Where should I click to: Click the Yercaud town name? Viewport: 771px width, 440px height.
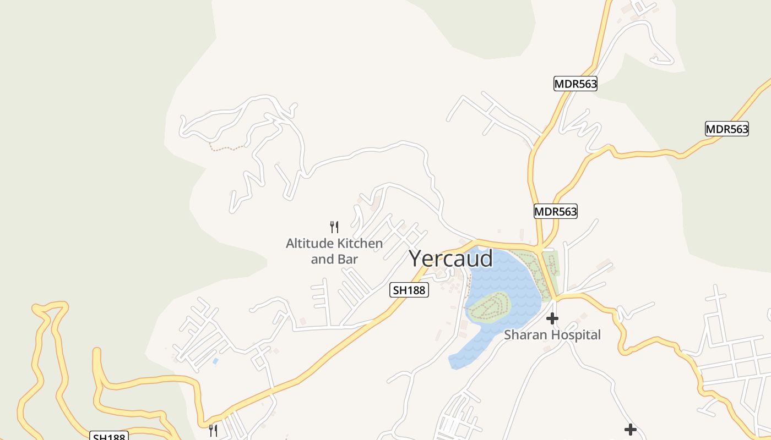[x=450, y=258]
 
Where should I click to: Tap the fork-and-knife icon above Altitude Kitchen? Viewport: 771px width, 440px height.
[x=334, y=227]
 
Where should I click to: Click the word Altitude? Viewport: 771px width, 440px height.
[x=310, y=243]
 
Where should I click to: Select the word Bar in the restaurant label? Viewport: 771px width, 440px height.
[x=348, y=259]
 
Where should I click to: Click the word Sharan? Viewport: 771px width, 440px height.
[x=525, y=334]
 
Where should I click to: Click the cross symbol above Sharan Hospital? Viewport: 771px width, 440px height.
[x=552, y=318]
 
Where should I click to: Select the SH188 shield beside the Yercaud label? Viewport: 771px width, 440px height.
[x=409, y=290]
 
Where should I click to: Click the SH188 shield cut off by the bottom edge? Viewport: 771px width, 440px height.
[x=109, y=436]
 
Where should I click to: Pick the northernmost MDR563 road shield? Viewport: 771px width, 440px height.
[x=575, y=84]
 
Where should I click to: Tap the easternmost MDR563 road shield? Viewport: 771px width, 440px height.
[x=727, y=129]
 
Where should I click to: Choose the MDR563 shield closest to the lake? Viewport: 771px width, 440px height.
[x=556, y=211]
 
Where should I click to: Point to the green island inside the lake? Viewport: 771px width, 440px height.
[x=488, y=307]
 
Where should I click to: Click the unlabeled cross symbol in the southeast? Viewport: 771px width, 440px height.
[x=631, y=429]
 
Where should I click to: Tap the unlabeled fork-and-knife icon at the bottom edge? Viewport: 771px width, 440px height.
[x=213, y=430]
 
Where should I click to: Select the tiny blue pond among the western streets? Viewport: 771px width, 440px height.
[x=215, y=361]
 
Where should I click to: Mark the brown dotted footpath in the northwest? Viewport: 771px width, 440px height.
[x=227, y=147]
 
